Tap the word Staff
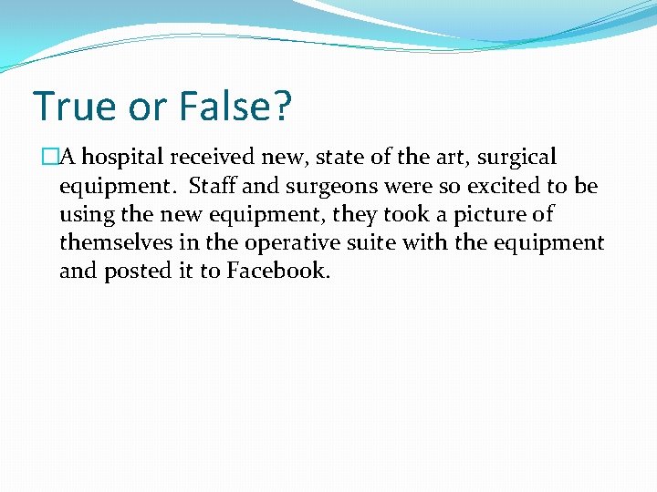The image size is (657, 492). [x=211, y=186]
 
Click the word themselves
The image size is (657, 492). [x=114, y=242]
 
